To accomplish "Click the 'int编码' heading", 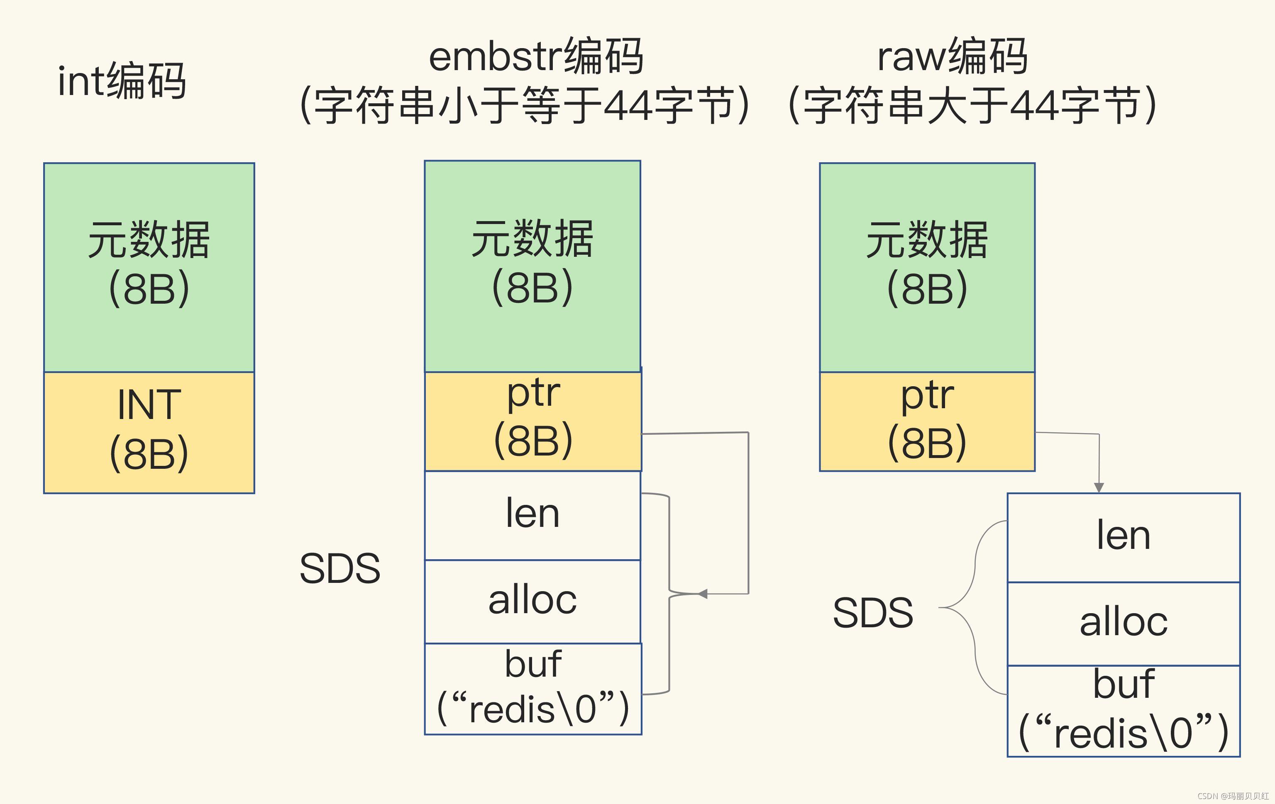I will click(122, 80).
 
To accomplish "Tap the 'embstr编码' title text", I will click(536, 56).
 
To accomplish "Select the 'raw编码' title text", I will click(952, 56).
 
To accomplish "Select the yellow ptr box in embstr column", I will click(532, 421).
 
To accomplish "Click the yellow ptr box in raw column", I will click(927, 421).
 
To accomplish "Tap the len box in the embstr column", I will click(532, 515).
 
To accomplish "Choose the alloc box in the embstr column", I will click(532, 601).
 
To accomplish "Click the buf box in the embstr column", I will click(532, 689).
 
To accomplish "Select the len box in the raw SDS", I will click(1123, 537).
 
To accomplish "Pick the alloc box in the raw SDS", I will click(1123, 624).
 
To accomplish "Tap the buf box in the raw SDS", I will click(1123, 711).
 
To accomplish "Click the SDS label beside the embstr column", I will click(340, 568).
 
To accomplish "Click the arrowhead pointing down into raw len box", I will click(1099, 487).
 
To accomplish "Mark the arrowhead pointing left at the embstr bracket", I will click(703, 594).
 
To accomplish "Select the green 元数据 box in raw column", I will click(927, 267).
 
